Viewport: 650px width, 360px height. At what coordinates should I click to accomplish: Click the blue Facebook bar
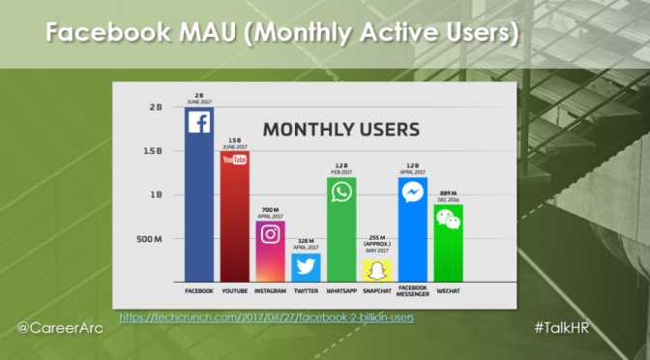(x=198, y=194)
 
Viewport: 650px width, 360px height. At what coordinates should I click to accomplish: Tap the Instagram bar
(x=271, y=250)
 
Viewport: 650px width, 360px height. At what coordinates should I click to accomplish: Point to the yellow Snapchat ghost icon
(x=377, y=270)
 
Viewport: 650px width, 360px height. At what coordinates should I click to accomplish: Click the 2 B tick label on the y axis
(x=155, y=107)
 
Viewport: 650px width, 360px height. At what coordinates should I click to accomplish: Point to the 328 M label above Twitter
(x=306, y=241)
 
